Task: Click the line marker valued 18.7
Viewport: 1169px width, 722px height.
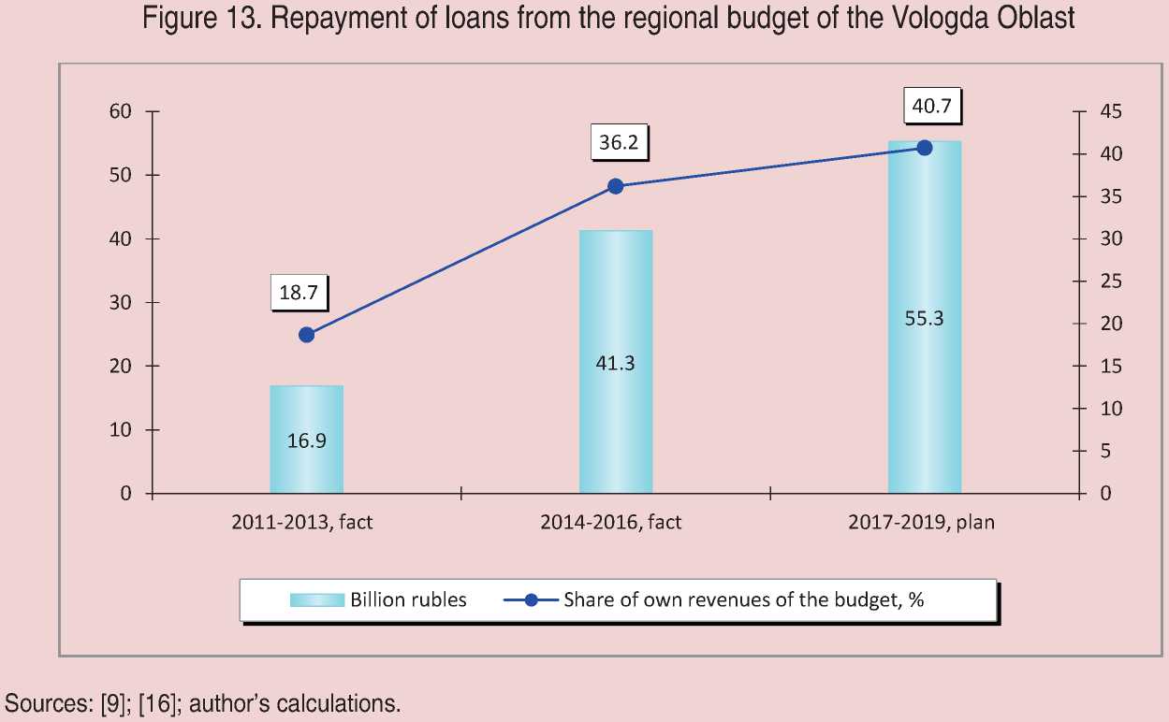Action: [x=306, y=335]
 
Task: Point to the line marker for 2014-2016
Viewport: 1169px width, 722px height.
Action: [x=615, y=186]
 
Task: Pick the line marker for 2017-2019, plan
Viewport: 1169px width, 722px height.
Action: [x=924, y=148]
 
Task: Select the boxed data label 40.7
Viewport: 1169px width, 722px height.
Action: [x=931, y=107]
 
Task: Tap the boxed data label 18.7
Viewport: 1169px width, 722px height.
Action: [x=299, y=293]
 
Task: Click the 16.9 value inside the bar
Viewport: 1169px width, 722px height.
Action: [x=306, y=440]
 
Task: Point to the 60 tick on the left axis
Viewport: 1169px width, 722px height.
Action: [x=122, y=112]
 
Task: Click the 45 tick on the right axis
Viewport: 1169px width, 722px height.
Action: [x=1110, y=112]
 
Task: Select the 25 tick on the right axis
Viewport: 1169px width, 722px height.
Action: [x=1110, y=282]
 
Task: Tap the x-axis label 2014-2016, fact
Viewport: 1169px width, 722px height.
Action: [x=610, y=523]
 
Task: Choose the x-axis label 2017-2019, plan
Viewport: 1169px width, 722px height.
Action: [x=921, y=523]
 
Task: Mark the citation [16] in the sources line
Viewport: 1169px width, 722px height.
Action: [x=157, y=703]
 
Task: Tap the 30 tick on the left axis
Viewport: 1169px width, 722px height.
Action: [x=122, y=303]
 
